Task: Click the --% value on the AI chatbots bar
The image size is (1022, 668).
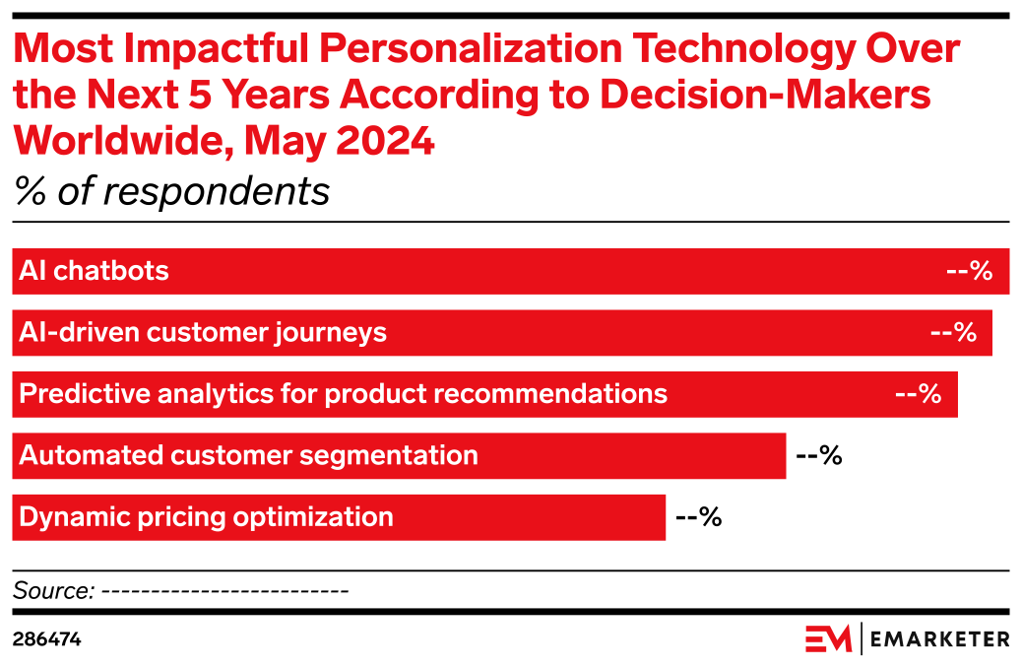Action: coord(969,271)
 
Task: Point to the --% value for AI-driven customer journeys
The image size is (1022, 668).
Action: coord(953,333)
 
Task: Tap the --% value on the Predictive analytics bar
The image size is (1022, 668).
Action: coord(919,394)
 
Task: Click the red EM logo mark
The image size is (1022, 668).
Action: coord(828,638)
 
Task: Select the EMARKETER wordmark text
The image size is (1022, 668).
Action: coord(939,639)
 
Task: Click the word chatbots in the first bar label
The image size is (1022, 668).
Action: coord(111,271)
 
